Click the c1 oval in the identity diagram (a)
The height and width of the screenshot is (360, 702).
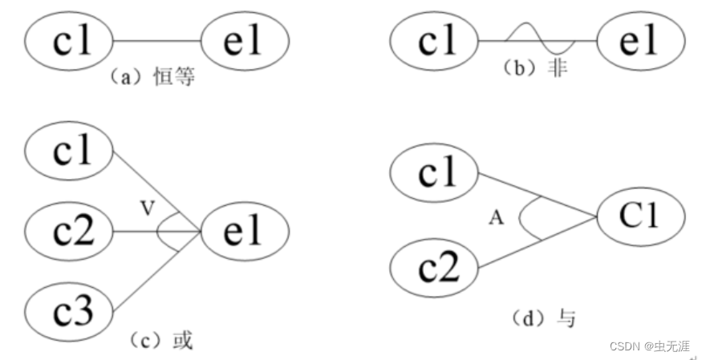point(70,40)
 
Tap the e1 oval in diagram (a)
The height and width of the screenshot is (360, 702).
point(244,40)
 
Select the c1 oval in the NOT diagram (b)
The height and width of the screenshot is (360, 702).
point(434,40)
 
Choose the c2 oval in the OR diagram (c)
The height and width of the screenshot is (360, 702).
point(70,232)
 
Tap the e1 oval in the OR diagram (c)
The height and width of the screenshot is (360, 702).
point(244,232)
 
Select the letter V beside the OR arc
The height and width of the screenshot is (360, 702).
point(147,208)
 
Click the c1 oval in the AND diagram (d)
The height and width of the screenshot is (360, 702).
point(434,172)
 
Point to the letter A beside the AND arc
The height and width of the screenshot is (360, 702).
point(497,217)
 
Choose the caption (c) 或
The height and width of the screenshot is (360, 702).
point(161,340)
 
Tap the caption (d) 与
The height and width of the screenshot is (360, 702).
point(543,318)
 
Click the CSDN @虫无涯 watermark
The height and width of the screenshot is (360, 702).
point(649,346)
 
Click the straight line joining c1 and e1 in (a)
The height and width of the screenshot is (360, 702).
point(157,40)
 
